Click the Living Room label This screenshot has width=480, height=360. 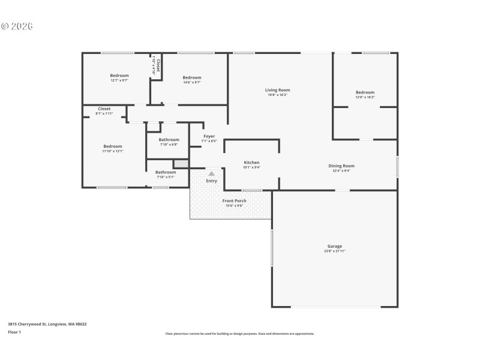[x=277, y=90]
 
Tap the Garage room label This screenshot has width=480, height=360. [x=334, y=246]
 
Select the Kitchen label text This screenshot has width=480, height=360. [x=251, y=163]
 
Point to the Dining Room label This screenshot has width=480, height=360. [x=341, y=166]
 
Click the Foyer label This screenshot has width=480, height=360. [x=209, y=136]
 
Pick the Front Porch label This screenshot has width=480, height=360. [x=234, y=200]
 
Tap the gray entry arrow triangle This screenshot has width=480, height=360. [x=211, y=173]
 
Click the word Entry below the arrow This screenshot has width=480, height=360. [x=211, y=181]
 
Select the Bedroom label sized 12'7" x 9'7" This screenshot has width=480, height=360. [x=119, y=76]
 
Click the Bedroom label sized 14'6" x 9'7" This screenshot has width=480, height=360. [x=191, y=77]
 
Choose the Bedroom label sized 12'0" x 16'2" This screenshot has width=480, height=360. [x=365, y=92]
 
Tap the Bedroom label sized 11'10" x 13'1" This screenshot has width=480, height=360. [x=112, y=146]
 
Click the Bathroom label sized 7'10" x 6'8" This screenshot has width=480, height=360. [x=169, y=140]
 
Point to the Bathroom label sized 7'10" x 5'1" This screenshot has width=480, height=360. [x=166, y=172]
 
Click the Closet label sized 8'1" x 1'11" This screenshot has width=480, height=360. [x=104, y=109]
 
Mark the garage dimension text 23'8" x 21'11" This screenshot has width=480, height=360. [x=334, y=251]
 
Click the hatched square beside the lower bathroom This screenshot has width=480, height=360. [x=181, y=163]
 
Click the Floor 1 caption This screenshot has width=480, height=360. [x=14, y=332]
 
